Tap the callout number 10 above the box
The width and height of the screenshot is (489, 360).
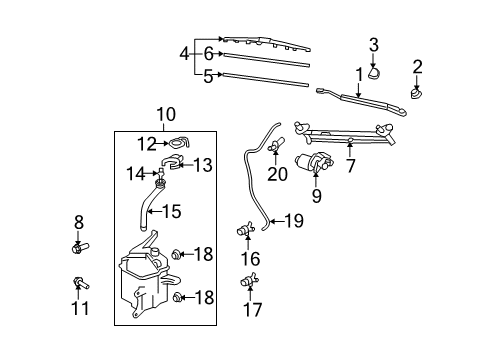coord(165,115)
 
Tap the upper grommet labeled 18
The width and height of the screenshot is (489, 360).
coord(178,254)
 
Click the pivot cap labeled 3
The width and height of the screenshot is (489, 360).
coord(374,70)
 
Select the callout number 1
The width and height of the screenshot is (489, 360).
coord(358,75)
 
